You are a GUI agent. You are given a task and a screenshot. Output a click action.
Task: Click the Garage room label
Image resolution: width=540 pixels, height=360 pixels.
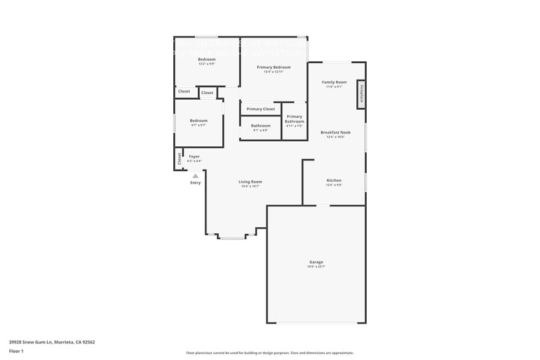tap(316, 262)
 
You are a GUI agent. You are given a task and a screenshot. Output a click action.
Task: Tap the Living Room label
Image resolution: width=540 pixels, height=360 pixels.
tap(250, 181)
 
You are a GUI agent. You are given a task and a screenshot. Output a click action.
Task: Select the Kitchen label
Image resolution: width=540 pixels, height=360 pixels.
tap(334, 181)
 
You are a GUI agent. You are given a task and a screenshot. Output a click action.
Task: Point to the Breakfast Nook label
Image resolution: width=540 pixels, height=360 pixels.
tap(336, 132)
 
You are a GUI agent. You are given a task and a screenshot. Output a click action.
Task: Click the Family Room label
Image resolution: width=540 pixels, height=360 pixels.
tap(334, 82)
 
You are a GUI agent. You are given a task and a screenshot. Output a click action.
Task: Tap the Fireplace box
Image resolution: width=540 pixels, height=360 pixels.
tap(361, 94)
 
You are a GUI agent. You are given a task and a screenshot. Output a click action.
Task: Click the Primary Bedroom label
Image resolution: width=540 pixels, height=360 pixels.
tap(273, 67)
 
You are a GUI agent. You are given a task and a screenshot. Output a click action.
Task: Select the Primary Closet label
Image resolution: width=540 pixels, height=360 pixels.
tap(261, 109)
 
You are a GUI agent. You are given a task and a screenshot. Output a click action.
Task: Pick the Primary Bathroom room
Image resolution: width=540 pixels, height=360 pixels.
tap(294, 119)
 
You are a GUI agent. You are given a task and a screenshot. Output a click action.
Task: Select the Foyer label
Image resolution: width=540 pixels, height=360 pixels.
tap(194, 156)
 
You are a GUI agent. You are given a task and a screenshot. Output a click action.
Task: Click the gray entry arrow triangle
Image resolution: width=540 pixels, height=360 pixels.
tap(195, 176)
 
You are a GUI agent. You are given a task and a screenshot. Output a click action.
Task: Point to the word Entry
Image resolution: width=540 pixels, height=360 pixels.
tap(195, 182)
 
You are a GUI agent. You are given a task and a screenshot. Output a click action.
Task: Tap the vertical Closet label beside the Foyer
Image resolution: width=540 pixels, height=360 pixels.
tap(179, 159)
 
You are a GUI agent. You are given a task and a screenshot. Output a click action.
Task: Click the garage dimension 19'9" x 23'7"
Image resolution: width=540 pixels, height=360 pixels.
tap(316, 266)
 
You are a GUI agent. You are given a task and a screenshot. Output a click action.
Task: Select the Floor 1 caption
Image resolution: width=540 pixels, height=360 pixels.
tap(17, 351)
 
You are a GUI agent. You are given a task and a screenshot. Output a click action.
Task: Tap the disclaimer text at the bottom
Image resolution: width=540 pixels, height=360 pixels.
tap(269, 353)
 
